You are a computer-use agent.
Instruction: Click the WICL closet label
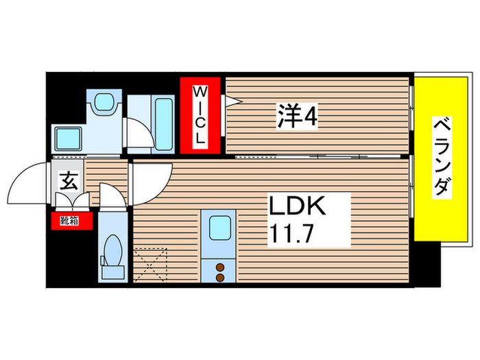click(x=200, y=115)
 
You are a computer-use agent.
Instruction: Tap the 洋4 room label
click(x=297, y=117)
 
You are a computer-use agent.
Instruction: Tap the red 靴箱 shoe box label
click(x=69, y=221)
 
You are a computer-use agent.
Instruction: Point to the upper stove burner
click(x=221, y=267)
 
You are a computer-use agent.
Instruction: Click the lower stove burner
click(x=221, y=278)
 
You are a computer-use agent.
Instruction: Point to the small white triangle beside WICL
click(x=230, y=102)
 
